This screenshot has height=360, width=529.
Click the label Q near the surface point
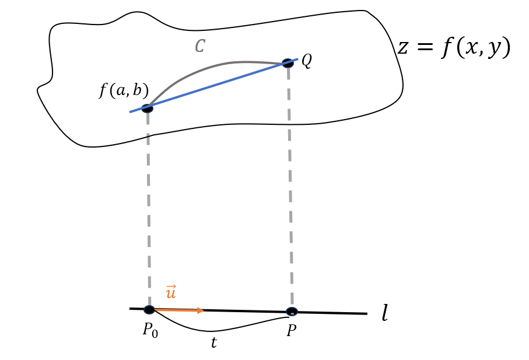pos(306,60)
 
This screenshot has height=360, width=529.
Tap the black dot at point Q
pos(288,63)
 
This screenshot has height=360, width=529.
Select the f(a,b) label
pos(124,91)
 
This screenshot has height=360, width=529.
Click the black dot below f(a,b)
pos(147,108)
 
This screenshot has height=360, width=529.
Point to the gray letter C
pos(199,47)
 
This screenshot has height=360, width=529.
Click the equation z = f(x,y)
pos(453,47)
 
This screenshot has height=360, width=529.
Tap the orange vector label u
pos(171,292)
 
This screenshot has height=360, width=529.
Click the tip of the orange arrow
pos(203,310)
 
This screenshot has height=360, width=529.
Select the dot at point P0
pos(149,310)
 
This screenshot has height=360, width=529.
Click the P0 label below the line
pos(150,330)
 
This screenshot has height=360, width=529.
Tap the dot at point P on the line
pos(292,312)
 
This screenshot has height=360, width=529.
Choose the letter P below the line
pos(291,331)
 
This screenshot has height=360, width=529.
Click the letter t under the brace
pos(213,343)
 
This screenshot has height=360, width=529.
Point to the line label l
pos(384,314)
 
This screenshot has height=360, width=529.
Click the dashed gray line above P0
pos(149,210)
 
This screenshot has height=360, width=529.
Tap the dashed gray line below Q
pos(290,187)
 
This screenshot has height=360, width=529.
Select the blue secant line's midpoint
pos(213,86)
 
